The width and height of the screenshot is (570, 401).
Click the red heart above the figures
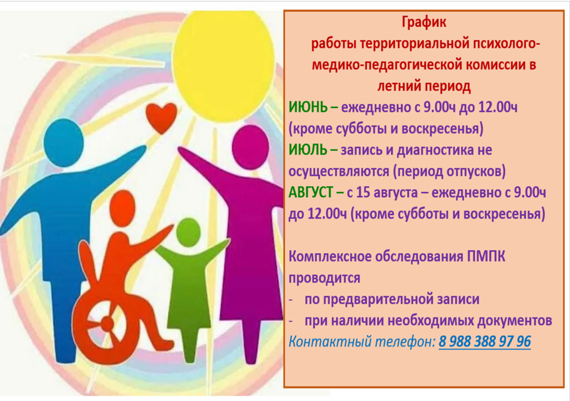tap(161, 117)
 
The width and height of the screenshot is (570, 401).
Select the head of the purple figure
tap(250, 147)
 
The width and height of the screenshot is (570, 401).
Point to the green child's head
tap(188, 232)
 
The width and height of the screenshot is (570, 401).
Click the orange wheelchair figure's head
tap(122, 208)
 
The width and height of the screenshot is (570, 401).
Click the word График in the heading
tap(424, 22)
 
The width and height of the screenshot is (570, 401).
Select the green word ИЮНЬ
tap(308, 107)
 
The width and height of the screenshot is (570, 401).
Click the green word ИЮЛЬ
tap(307, 150)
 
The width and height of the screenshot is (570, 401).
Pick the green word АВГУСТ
tap(311, 192)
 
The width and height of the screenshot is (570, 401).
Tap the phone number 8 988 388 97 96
tap(485, 341)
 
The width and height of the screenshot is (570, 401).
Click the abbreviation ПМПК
tap(486, 257)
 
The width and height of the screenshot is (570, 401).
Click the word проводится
tap(325, 279)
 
